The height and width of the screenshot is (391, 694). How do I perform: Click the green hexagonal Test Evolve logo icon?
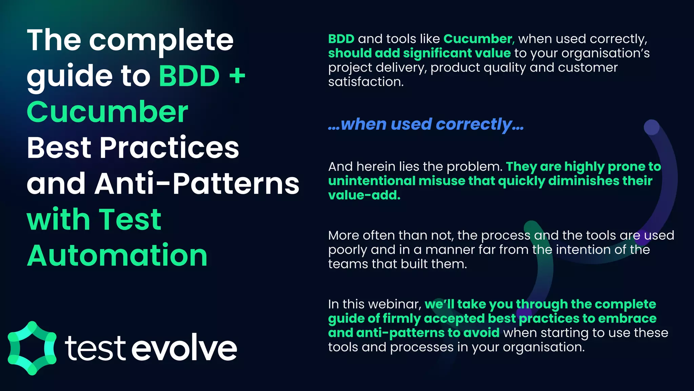click(x=32, y=348)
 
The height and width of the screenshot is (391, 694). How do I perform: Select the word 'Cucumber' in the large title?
click(x=107, y=112)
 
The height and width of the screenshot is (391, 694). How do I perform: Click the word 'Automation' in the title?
click(x=117, y=255)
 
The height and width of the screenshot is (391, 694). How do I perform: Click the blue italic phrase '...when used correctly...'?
click(x=426, y=124)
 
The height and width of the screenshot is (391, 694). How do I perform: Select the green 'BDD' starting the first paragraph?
click(x=341, y=39)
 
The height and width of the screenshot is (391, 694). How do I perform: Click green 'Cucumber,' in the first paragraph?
click(x=478, y=39)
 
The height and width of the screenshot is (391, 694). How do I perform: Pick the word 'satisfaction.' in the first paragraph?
click(x=366, y=82)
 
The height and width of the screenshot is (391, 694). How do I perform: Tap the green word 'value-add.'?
click(x=364, y=195)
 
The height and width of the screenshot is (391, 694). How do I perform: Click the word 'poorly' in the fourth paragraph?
click(x=347, y=250)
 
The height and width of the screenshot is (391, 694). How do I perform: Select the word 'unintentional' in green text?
click(x=371, y=181)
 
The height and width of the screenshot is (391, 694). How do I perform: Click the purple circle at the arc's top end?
click(x=651, y=127)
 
